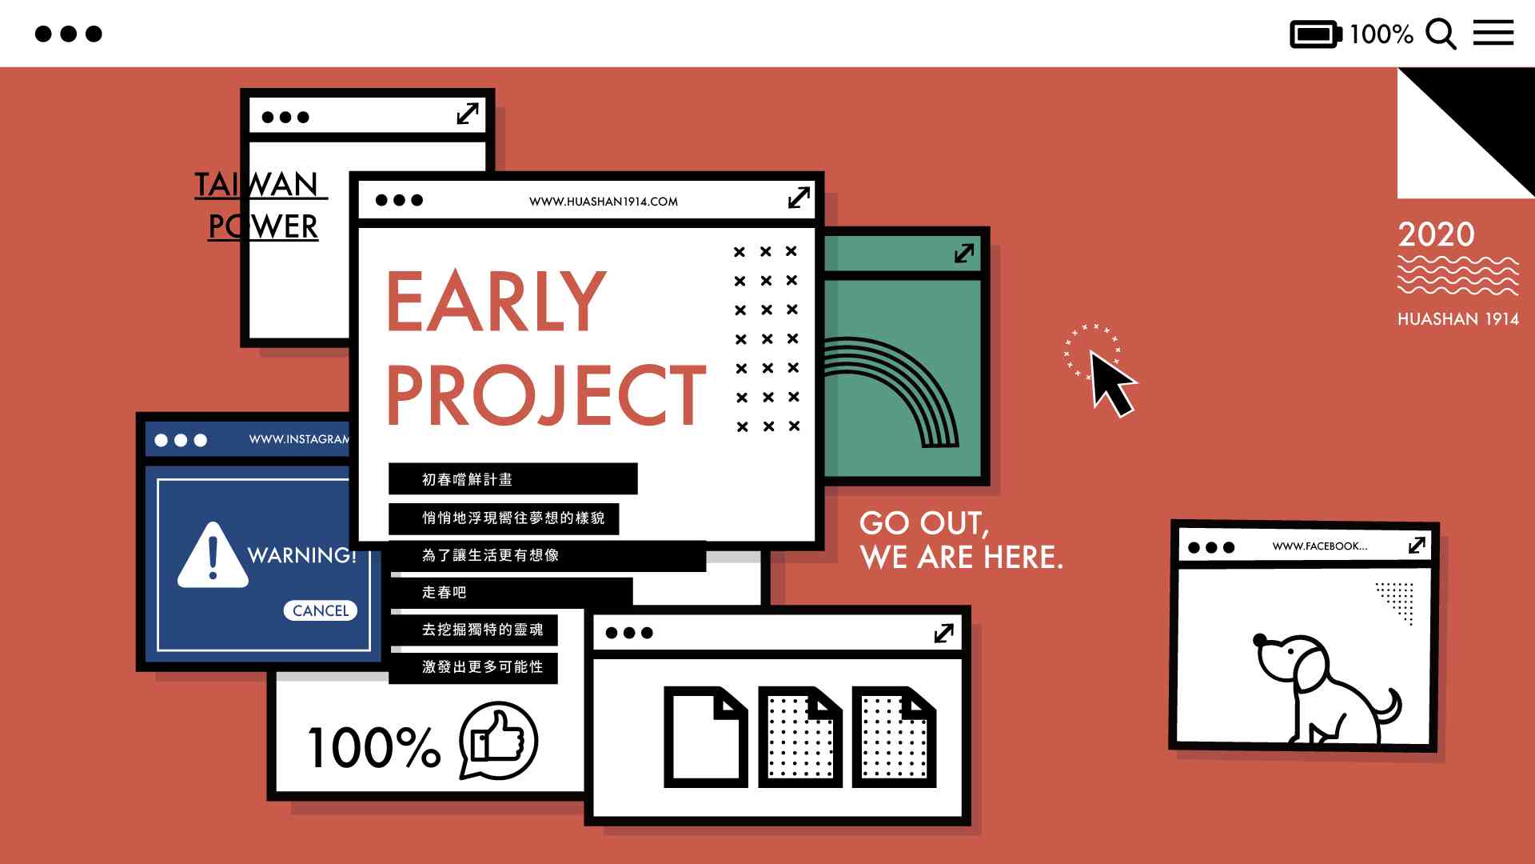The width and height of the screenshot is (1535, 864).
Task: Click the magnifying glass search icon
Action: coord(1441,34)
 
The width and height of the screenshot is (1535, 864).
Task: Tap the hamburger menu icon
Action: coord(1493,33)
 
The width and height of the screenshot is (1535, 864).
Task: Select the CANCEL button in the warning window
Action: coord(321,610)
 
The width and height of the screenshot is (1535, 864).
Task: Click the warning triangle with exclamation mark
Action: coord(212,555)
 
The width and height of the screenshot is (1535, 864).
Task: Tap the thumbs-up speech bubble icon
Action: coord(498,741)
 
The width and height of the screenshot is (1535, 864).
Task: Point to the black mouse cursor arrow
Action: coord(1111,384)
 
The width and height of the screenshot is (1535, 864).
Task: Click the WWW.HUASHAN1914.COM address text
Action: coord(604,202)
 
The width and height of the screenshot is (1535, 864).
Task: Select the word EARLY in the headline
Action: coord(496,301)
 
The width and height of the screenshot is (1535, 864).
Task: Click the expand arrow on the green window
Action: coord(964,253)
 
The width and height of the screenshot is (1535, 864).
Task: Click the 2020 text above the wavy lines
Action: coord(1436,234)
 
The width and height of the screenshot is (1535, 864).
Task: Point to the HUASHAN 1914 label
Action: coord(1458,319)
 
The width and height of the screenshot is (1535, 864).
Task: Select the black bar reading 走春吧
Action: coord(511,592)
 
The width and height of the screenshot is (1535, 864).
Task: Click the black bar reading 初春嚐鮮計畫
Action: coord(513,479)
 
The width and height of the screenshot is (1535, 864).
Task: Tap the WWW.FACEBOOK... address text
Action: coord(1320,546)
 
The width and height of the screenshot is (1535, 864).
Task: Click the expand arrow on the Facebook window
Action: coord(1417,545)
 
